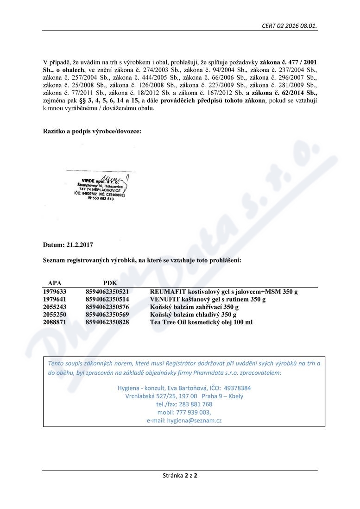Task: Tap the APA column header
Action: (55, 283)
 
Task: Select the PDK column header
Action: (110, 283)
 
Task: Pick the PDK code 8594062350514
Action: (107, 299)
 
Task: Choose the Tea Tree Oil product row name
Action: (201, 322)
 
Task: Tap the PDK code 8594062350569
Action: (107, 314)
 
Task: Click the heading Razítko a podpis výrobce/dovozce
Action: (92, 131)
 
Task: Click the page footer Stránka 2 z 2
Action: (180, 475)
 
